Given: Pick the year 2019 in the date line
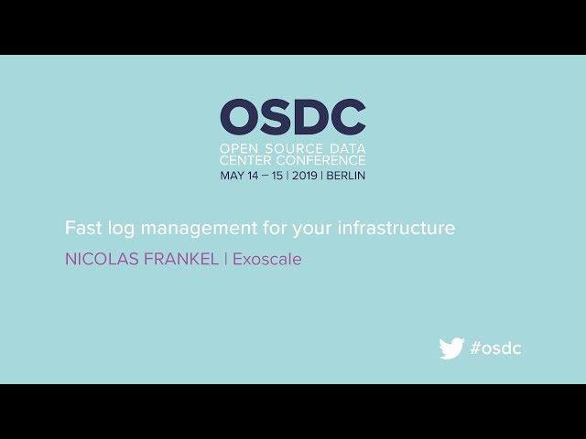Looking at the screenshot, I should click(304, 176).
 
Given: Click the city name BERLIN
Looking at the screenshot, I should click(346, 176).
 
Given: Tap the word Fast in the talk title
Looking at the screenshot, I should click(81, 228).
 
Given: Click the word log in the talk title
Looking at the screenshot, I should click(118, 229).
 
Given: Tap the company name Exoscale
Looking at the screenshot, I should click(266, 259).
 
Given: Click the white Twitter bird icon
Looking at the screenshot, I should click(451, 348).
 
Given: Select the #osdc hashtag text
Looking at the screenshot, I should click(495, 348).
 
